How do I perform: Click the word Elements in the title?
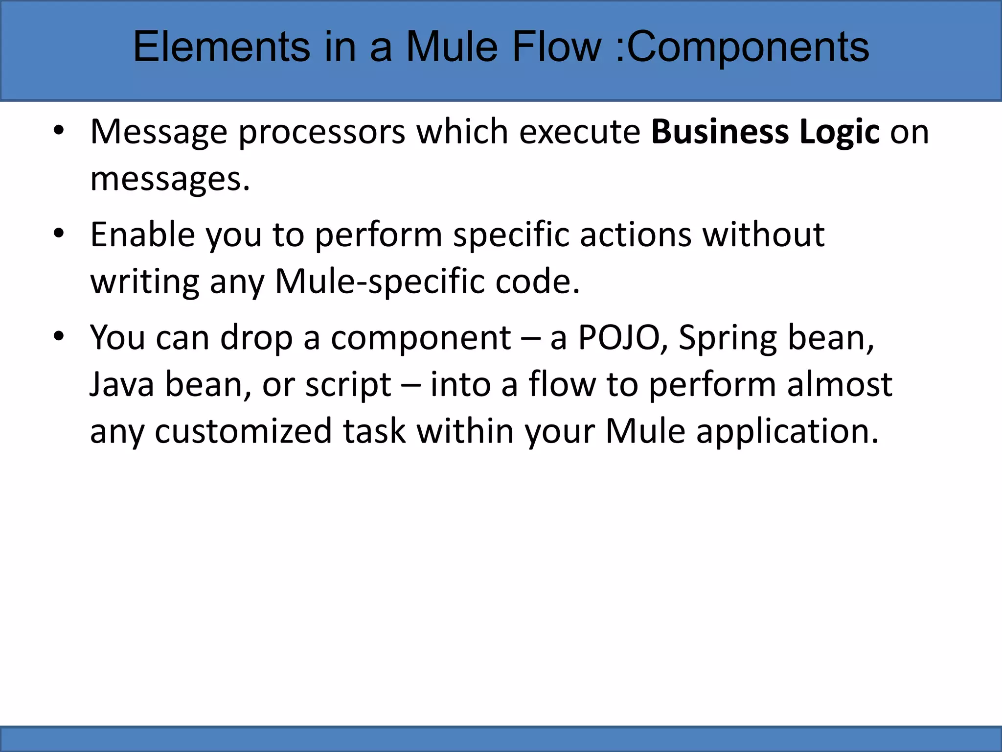pyautogui.click(x=221, y=47)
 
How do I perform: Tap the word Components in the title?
pyautogui.click(x=748, y=48)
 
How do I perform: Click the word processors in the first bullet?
pyautogui.click(x=322, y=133)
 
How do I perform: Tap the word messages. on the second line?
pyautogui.click(x=170, y=179)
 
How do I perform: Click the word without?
pyautogui.click(x=764, y=235)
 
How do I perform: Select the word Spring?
pyautogui.click(x=728, y=339)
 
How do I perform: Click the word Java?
pyautogui.click(x=122, y=384)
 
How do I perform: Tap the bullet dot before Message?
pyautogui.click(x=59, y=131)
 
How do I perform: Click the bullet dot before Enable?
pyautogui.click(x=59, y=234)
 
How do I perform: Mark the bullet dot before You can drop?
pyautogui.click(x=59, y=337)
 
